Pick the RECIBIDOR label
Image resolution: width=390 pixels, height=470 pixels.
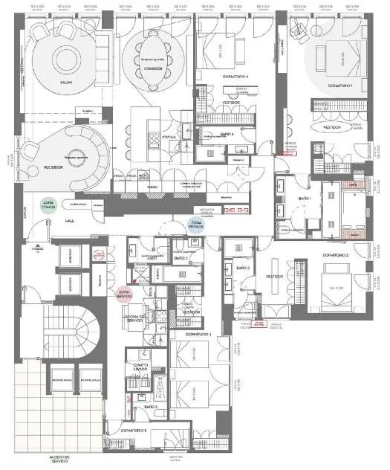coord(52,168)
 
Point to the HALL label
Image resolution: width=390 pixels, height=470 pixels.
coord(69,221)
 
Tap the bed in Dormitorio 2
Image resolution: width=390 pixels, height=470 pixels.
coord(336,286)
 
